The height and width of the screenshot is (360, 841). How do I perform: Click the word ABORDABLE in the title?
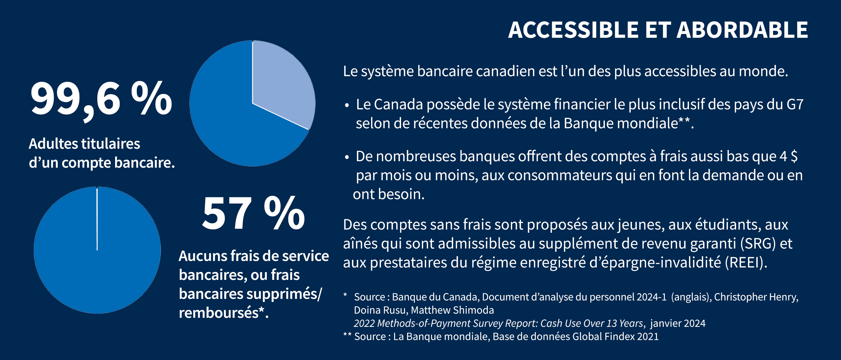pyautogui.click(x=742, y=30)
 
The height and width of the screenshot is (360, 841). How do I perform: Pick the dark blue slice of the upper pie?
pyautogui.click(x=231, y=125)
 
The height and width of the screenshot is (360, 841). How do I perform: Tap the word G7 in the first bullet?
pyautogui.click(x=795, y=105)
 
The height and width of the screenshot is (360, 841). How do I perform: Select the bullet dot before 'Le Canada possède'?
pyautogui.click(x=346, y=106)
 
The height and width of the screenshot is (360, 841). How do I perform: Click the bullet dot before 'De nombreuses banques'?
pyautogui.click(x=346, y=158)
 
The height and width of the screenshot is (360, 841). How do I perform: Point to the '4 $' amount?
pyautogui.click(x=789, y=156)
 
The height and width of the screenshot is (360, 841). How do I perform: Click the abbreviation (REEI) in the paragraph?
pyautogui.click(x=746, y=263)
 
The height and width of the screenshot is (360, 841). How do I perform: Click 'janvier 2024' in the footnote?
pyautogui.click(x=678, y=323)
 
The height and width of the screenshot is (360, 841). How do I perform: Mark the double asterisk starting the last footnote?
pyautogui.click(x=347, y=336)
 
